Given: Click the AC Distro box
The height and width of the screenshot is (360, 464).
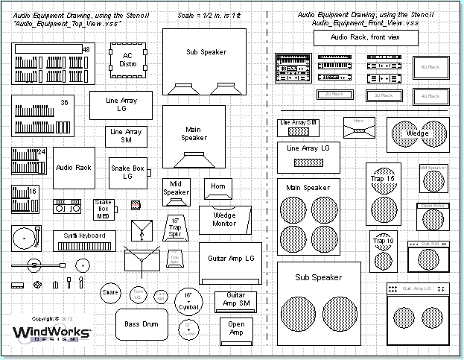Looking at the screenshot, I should [x=127, y=61].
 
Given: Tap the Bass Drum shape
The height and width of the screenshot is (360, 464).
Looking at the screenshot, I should [x=142, y=323].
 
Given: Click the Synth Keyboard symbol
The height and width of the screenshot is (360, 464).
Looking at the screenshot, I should [x=84, y=240].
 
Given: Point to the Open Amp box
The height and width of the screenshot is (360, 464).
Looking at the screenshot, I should [x=236, y=328].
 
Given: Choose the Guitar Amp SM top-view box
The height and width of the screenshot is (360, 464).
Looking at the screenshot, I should [x=235, y=300].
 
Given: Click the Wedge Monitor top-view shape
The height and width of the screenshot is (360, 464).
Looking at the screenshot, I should [x=224, y=218].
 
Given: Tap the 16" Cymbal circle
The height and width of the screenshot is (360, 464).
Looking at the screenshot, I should [x=188, y=301].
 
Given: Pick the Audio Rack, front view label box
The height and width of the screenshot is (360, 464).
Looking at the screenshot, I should [x=360, y=37].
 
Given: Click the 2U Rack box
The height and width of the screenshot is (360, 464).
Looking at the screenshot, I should [x=334, y=95].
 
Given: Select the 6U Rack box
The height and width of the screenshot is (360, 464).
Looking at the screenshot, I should [x=430, y=68].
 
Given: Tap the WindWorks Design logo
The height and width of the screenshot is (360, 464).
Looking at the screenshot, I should [x=51, y=333].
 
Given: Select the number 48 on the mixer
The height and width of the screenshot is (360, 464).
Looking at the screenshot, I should [x=86, y=50].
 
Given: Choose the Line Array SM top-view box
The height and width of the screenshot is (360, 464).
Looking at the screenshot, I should [x=126, y=136].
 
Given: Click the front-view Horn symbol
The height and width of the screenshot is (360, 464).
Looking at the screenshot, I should [x=359, y=127].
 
